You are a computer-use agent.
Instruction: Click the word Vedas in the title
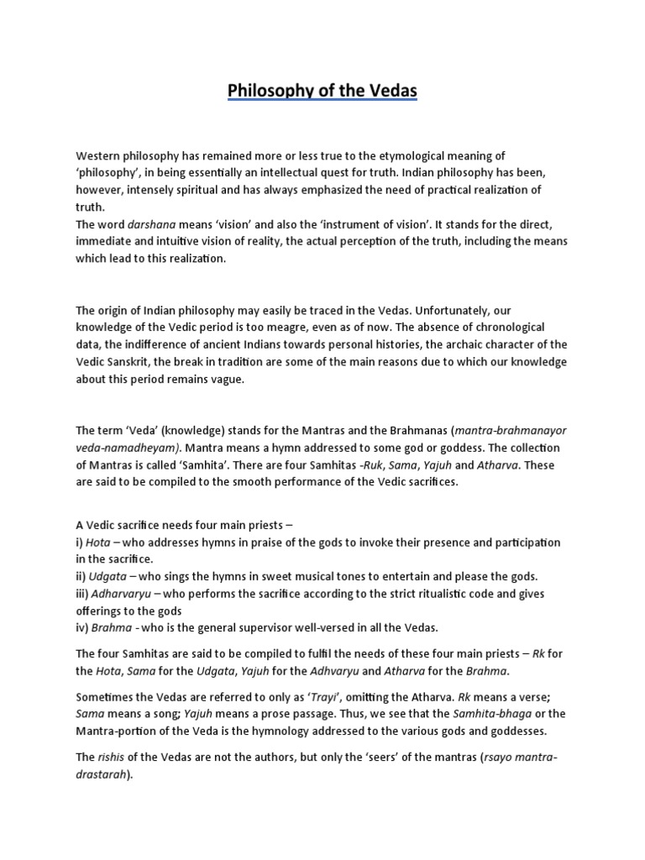point(389,89)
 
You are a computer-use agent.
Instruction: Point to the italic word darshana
point(149,224)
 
